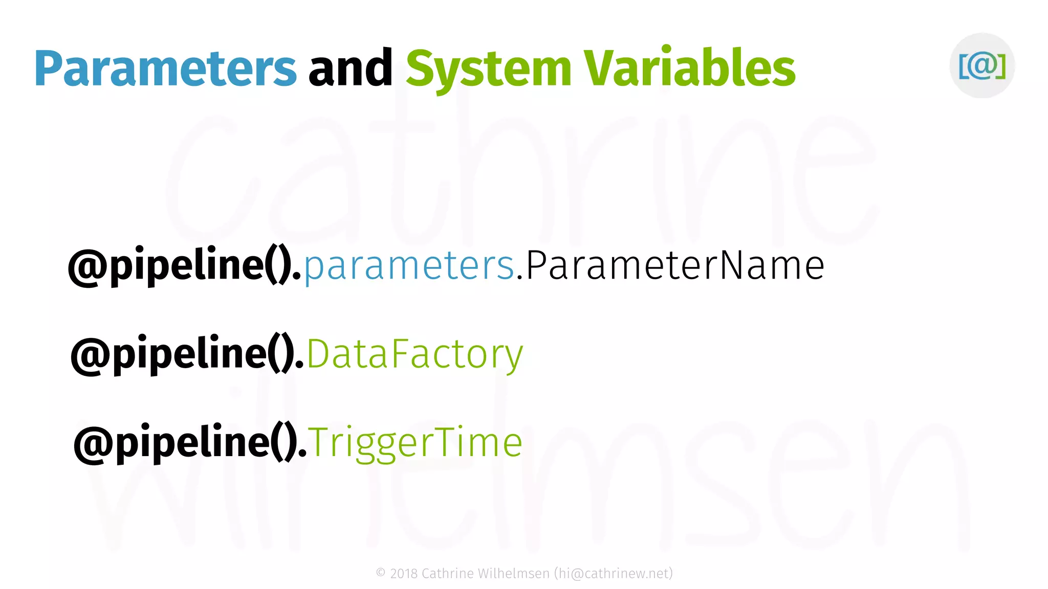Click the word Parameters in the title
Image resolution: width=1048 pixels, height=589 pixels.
pos(165,69)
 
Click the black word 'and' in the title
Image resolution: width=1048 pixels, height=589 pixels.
pos(351,69)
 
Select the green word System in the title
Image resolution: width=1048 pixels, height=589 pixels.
pos(488,69)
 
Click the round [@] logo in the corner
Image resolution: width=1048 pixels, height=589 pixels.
pos(982,65)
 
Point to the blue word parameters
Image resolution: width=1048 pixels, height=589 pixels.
pos(409,266)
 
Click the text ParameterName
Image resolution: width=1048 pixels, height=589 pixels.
pos(674,265)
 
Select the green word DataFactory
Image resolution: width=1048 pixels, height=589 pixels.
pos(414,354)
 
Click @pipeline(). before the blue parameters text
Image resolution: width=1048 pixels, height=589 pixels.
pos(185,266)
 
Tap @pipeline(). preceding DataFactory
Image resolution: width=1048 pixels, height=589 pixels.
pos(187,354)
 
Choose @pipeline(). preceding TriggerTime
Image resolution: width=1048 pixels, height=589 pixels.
pos(190,443)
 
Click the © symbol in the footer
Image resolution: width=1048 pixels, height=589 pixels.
pos(381,573)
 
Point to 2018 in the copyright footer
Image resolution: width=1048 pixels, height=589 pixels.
pos(404,574)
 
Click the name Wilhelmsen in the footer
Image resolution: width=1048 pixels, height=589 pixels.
pos(513,574)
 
